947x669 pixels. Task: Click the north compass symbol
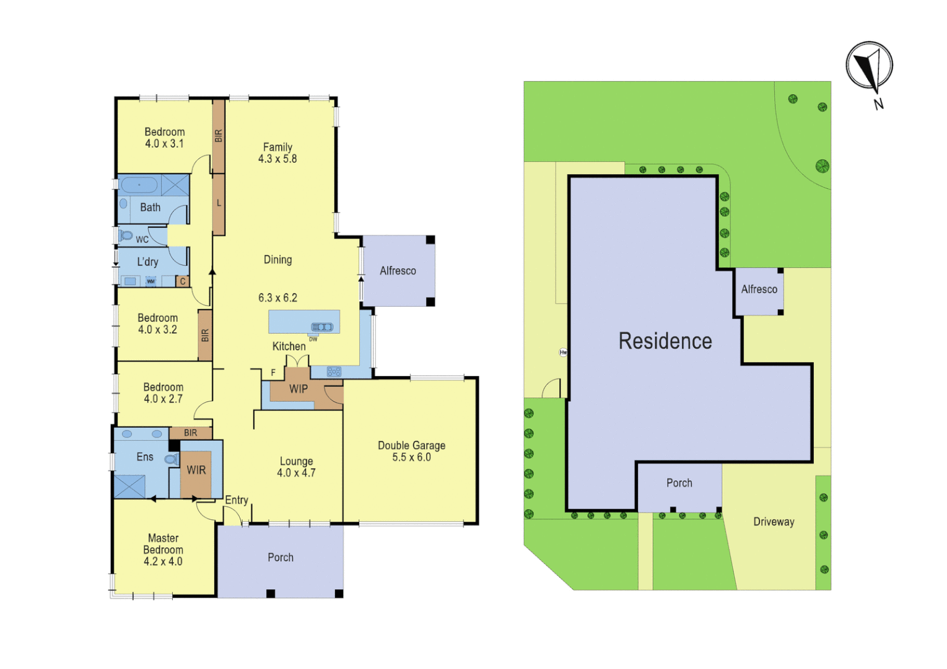[x=869, y=66]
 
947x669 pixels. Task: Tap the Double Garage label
[x=411, y=445]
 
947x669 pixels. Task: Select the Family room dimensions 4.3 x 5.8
[x=277, y=159]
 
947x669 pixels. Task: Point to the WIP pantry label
[x=299, y=389]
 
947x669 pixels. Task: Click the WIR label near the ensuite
[x=196, y=470]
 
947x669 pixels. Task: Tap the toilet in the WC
[x=126, y=236]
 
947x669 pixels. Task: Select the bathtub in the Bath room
[x=139, y=185]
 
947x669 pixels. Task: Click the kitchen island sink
[x=322, y=327]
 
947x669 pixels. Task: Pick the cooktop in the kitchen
[x=334, y=372]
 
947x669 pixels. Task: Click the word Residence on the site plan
[x=665, y=341]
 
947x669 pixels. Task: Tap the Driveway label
[x=774, y=522]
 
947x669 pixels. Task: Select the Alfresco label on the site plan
[x=759, y=289]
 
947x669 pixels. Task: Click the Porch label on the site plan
[x=679, y=483]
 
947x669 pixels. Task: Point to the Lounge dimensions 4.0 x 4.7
[x=296, y=473]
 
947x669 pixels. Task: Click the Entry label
[x=237, y=500]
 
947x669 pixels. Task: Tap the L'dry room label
[x=147, y=262]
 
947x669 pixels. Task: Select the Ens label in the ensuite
[x=145, y=457]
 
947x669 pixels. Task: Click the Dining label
[x=277, y=260]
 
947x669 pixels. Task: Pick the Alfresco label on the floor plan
[x=398, y=271]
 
